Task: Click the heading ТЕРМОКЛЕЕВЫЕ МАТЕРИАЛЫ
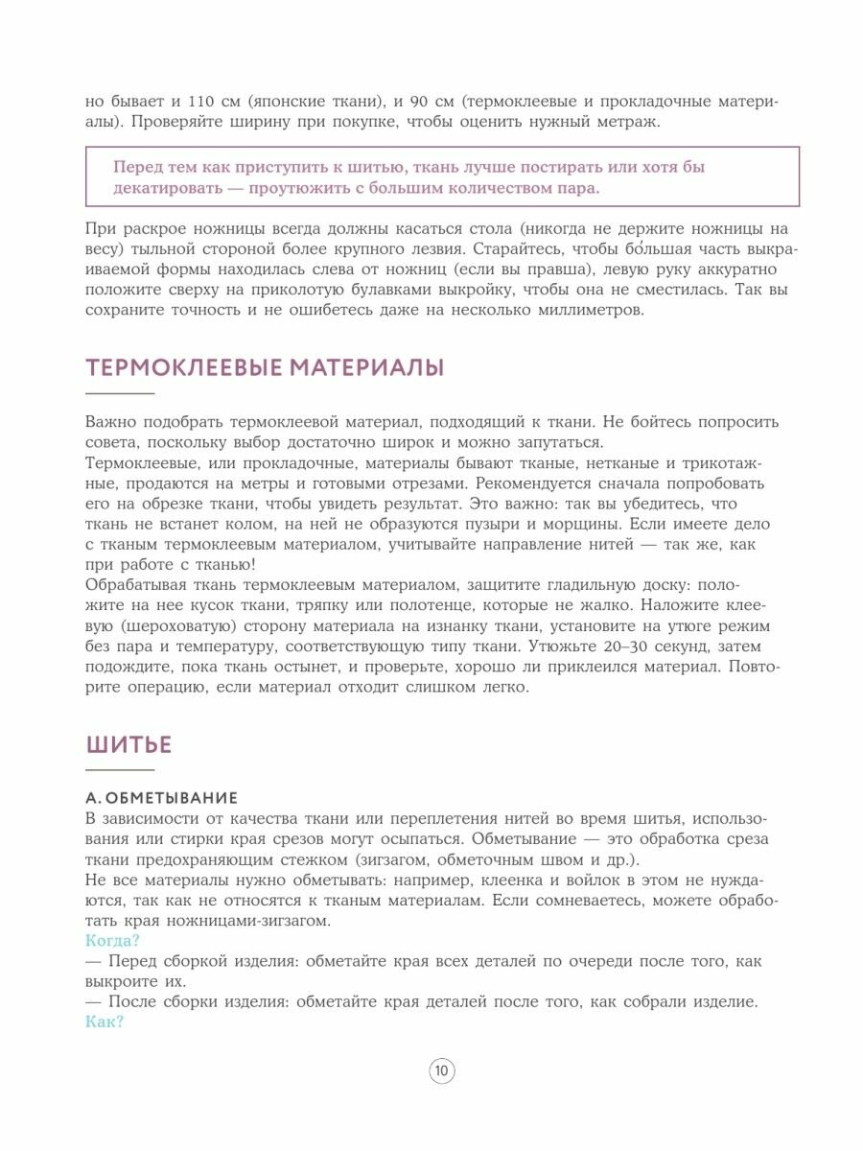coord(265,367)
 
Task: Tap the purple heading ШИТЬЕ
coord(129,744)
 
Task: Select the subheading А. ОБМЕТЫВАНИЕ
coord(161,798)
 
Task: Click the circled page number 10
coord(441,1071)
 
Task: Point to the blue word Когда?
coord(112,940)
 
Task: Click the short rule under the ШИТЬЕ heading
coord(120,770)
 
